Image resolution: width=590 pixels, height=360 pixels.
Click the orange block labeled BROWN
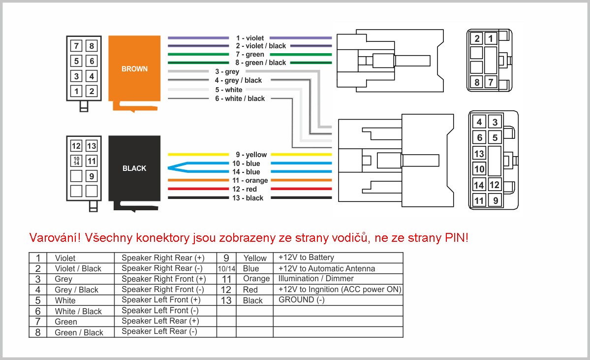[134, 68]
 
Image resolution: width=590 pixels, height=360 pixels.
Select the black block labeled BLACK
[134, 168]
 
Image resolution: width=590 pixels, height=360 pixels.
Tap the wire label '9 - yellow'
[251, 155]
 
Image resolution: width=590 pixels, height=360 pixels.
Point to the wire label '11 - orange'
[250, 180]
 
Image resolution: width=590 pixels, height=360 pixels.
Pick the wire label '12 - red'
[245, 189]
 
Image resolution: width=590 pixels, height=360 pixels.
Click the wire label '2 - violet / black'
[261, 46]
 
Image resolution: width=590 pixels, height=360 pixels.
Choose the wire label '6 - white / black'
[240, 98]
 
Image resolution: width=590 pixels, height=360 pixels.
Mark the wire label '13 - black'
[248, 198]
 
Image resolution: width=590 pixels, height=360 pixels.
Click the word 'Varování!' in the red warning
[55, 237]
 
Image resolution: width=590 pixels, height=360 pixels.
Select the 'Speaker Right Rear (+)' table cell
[163, 258]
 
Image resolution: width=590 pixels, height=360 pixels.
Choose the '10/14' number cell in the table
[226, 268]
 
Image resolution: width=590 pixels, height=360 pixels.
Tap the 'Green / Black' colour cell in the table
[79, 332]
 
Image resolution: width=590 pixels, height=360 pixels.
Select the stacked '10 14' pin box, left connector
[76, 161]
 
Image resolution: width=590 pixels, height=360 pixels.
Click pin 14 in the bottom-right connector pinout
[479, 185]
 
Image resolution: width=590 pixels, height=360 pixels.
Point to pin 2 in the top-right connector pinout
[477, 38]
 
